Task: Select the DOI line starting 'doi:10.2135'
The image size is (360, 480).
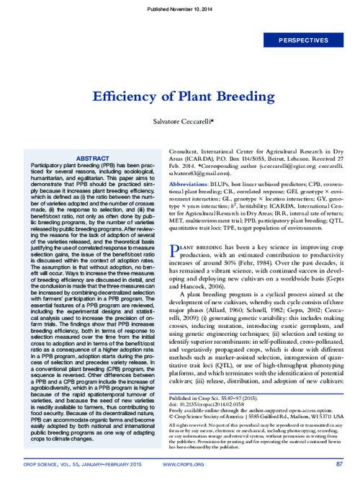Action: coord(206,404)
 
